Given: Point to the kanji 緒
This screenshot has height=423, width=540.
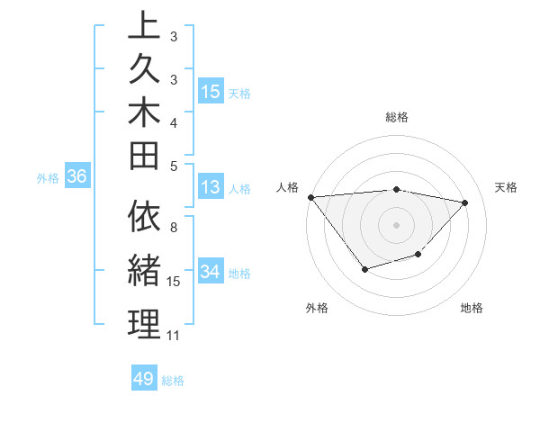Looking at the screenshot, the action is click(x=144, y=270).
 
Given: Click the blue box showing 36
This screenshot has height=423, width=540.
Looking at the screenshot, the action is click(x=76, y=177).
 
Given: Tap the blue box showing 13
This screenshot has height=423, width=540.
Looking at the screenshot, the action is click(x=210, y=188).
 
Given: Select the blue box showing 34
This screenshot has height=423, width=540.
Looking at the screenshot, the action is click(x=211, y=273).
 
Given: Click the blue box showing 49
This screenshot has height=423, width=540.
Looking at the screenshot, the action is click(x=144, y=379).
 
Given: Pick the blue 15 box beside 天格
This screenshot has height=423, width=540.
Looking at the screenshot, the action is click(x=211, y=92).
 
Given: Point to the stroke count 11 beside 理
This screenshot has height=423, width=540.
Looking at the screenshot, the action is click(x=174, y=336).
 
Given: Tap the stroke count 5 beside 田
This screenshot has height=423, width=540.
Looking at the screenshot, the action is click(x=174, y=166).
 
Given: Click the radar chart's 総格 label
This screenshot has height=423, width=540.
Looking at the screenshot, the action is click(x=396, y=117).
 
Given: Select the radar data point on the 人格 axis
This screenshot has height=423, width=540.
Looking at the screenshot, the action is click(x=310, y=196).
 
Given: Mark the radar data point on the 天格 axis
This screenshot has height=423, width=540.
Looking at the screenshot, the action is click(x=465, y=202).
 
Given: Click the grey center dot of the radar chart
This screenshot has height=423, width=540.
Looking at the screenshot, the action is click(x=396, y=224).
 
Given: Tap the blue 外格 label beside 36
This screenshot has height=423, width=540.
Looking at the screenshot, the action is click(x=48, y=178).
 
